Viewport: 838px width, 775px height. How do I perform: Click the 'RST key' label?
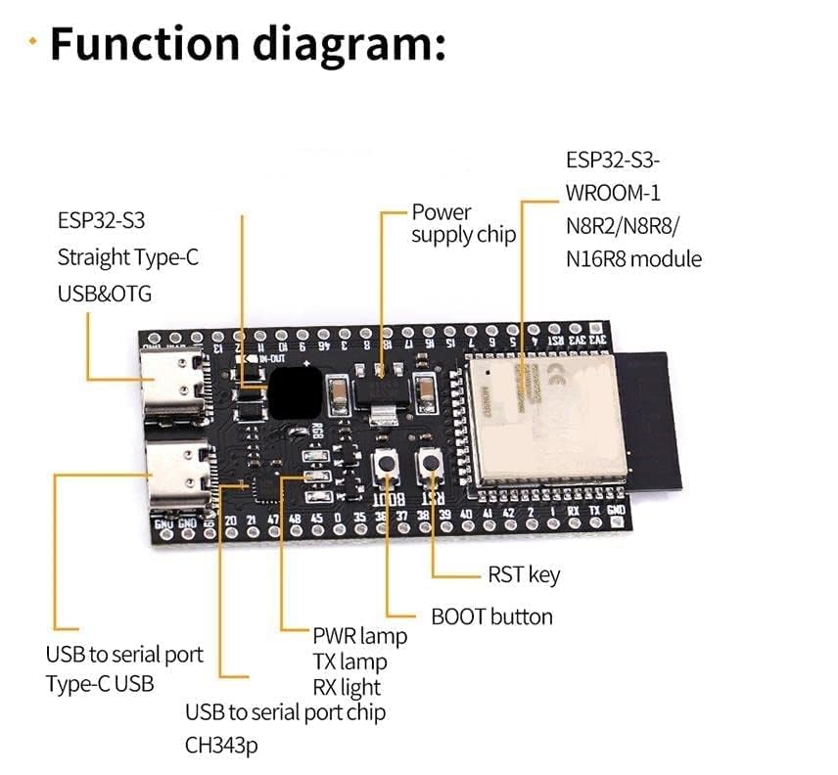(524, 574)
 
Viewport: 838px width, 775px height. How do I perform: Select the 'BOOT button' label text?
(491, 616)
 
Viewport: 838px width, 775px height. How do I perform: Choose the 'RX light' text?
(347, 687)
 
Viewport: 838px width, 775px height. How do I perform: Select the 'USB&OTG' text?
(104, 294)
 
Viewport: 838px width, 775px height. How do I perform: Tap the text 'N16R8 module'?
(633, 258)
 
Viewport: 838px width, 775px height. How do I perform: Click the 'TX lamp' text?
(349, 661)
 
